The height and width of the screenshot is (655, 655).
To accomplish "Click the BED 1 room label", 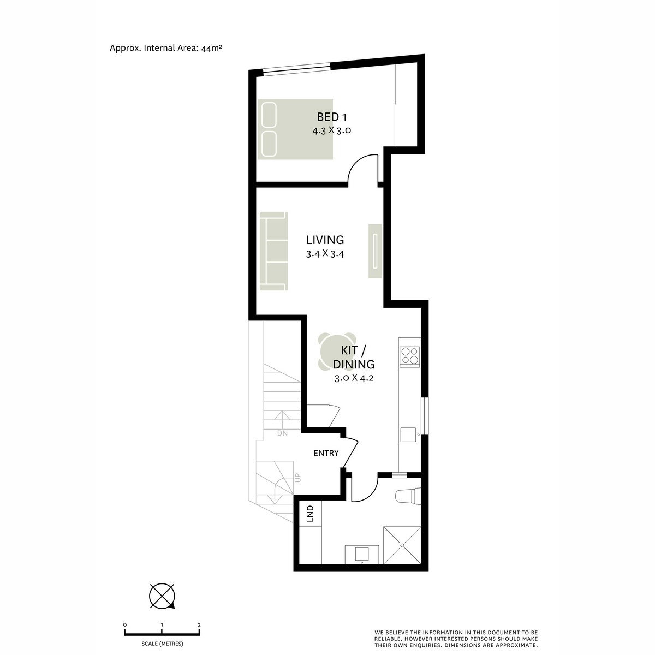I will pyautogui.click(x=332, y=117).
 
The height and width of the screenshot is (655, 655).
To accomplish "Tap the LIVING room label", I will pyautogui.click(x=325, y=240).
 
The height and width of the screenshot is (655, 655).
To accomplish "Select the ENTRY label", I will pyautogui.click(x=326, y=453).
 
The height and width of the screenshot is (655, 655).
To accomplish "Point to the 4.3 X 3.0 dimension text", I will pyautogui.click(x=331, y=130).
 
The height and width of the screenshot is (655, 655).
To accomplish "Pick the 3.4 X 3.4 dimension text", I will pyautogui.click(x=325, y=253).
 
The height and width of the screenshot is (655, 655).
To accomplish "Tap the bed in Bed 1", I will pyautogui.click(x=295, y=129).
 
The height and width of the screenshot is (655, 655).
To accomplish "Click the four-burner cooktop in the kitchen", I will pyautogui.click(x=410, y=355).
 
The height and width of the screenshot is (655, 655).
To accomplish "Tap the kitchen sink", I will pyautogui.click(x=409, y=434).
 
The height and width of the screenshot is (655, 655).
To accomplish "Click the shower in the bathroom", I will pyautogui.click(x=403, y=544).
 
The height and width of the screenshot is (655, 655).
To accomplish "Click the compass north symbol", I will pyautogui.click(x=163, y=596).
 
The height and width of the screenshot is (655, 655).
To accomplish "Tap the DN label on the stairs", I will pyautogui.click(x=282, y=433).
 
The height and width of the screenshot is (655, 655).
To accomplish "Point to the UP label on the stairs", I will pyautogui.click(x=297, y=478).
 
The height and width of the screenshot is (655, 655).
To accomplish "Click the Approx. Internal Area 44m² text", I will pyautogui.click(x=165, y=48).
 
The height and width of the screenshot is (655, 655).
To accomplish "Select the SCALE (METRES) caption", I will pyautogui.click(x=162, y=644).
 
